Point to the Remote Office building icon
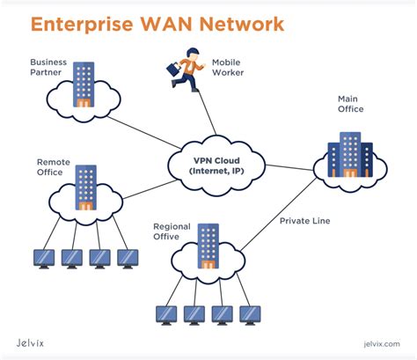[85, 187]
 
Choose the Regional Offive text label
[172, 231]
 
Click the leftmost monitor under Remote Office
[44, 257]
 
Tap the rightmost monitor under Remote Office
[128, 257]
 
